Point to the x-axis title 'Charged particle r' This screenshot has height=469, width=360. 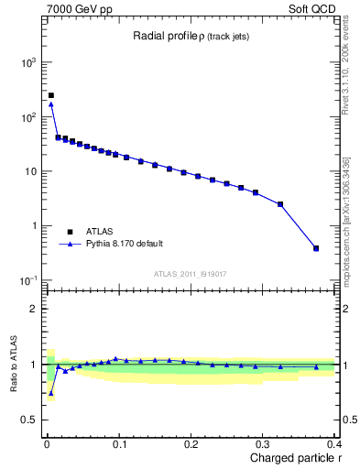point(294,458)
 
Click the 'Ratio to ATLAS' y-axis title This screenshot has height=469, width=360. point(12,365)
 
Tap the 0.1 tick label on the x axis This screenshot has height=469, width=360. point(118,444)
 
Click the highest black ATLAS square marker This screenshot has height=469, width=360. point(51,95)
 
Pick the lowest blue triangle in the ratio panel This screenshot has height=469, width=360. point(51,393)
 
